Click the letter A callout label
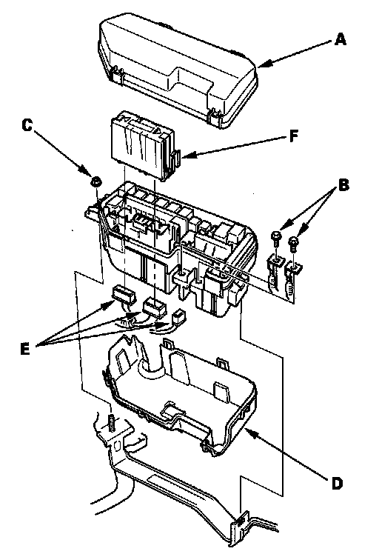[x=340, y=39]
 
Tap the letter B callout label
[x=343, y=185]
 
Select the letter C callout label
[x=27, y=125]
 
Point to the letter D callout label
[x=337, y=483]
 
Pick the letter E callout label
[x=25, y=349]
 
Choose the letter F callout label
[x=293, y=136]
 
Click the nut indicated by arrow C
[x=95, y=181]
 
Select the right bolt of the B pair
[x=294, y=244]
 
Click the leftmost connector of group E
[x=124, y=296]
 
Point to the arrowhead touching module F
[x=188, y=154]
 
